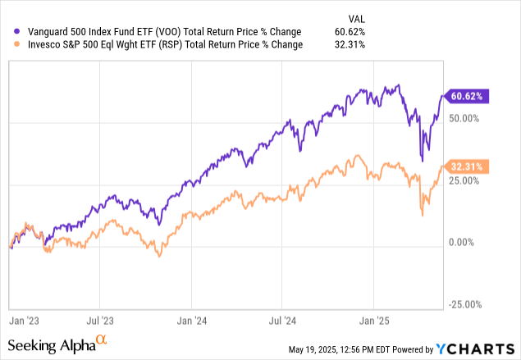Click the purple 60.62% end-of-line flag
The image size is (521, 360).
pos(465,96)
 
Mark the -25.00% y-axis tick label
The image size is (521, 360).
pos(465,304)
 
